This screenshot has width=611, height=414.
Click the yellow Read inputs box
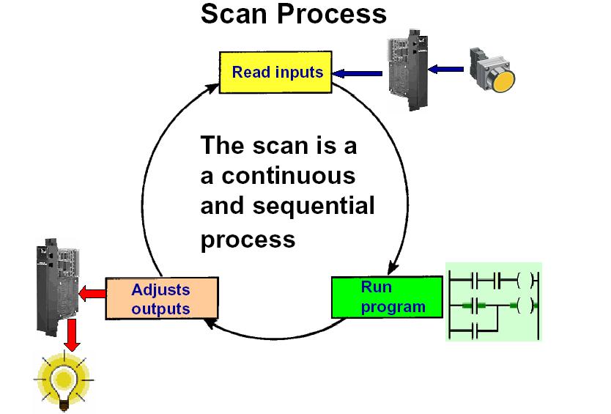pyautogui.click(x=277, y=72)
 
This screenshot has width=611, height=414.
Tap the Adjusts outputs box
pyautogui.click(x=162, y=299)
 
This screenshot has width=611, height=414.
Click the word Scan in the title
pyautogui.click(x=234, y=13)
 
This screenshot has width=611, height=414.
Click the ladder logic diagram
pyautogui.click(x=493, y=301)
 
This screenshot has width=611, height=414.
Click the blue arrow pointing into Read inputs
pyautogui.click(x=358, y=72)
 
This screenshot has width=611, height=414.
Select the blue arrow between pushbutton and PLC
pyautogui.click(x=446, y=70)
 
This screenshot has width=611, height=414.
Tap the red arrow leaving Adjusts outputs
pyautogui.click(x=92, y=294)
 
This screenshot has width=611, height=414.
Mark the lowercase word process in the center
pyautogui.click(x=248, y=240)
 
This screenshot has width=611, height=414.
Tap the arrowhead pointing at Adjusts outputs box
pyautogui.click(x=210, y=323)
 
